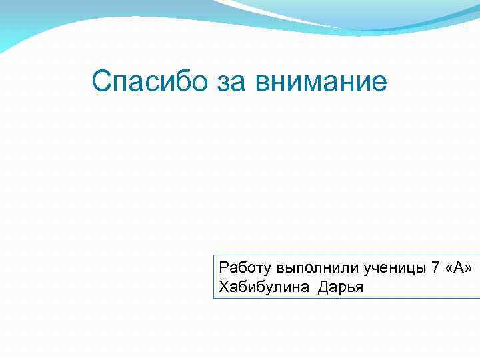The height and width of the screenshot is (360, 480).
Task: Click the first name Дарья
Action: click(341, 287)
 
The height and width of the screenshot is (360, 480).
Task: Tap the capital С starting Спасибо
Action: click(101, 83)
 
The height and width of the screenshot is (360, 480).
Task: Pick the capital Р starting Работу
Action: click(223, 269)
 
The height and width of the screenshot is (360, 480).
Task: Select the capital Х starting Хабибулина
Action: click(223, 287)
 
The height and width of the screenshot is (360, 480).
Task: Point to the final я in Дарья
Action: click(359, 287)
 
